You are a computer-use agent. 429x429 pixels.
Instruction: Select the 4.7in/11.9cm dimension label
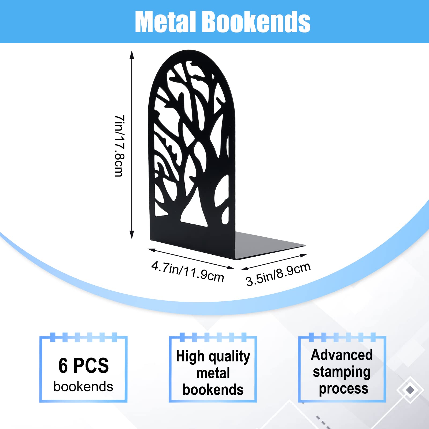(188, 271)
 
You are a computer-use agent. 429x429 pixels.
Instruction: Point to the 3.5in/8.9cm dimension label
(278, 274)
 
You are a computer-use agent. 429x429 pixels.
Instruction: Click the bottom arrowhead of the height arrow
(132, 235)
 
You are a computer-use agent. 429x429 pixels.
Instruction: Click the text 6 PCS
(84, 365)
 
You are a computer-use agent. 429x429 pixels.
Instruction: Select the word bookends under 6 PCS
(83, 387)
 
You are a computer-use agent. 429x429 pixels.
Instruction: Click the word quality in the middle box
(229, 357)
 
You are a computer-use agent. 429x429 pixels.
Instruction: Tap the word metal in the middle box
(213, 373)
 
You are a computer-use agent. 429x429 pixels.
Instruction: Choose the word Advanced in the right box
(342, 355)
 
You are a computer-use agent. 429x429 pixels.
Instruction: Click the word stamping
(342, 372)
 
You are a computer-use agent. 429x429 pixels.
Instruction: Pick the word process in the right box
(343, 389)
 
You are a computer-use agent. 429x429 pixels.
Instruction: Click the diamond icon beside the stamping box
(410, 390)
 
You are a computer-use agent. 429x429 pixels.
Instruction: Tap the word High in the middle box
(190, 357)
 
